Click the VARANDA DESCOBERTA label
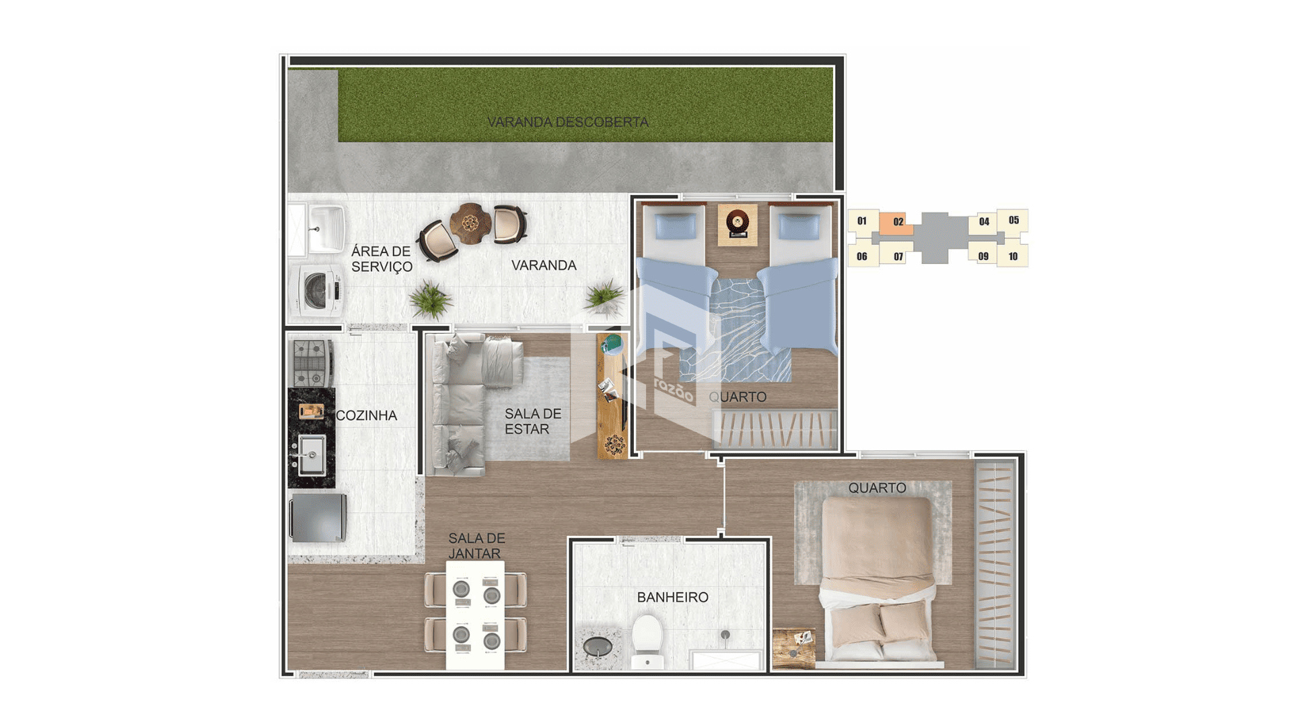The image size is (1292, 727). [568, 122]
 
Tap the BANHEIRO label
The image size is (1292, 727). [672, 597]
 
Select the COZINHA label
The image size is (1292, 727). [366, 415]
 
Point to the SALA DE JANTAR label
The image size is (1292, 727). [476, 546]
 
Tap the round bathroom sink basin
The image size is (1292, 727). [598, 647]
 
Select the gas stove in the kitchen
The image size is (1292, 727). [312, 363]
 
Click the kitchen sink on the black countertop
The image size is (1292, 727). [312, 455]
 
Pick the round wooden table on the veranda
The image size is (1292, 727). [470, 222]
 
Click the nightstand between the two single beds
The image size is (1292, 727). [738, 225]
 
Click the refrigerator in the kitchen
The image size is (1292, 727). [318, 517]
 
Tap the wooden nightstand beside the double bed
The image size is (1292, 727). [793, 648]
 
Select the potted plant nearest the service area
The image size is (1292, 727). [430, 300]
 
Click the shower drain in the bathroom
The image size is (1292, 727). [725, 635]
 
